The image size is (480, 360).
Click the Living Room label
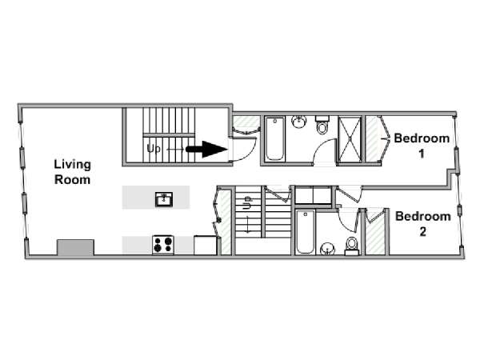[x=72, y=172]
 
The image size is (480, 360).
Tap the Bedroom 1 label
[x=422, y=146]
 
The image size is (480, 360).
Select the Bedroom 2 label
[x=422, y=224]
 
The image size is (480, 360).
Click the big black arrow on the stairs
[x=207, y=149]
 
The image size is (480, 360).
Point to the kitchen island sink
[x=164, y=199]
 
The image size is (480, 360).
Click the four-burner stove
[x=163, y=245]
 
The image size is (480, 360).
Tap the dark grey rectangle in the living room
[x=75, y=247]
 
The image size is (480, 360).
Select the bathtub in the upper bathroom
[x=274, y=138]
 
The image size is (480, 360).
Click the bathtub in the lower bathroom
[x=306, y=232]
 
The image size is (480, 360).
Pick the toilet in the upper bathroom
[x=322, y=125]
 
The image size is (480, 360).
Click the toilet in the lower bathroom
[x=352, y=246]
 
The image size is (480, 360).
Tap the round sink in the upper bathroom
[x=298, y=122]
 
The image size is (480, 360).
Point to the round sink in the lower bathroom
[x=327, y=249]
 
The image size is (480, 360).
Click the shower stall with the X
[x=350, y=138]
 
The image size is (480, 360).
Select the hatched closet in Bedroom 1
[x=372, y=138]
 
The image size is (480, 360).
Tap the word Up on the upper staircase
[x=154, y=149]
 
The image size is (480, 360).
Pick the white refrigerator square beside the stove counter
[x=206, y=245]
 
